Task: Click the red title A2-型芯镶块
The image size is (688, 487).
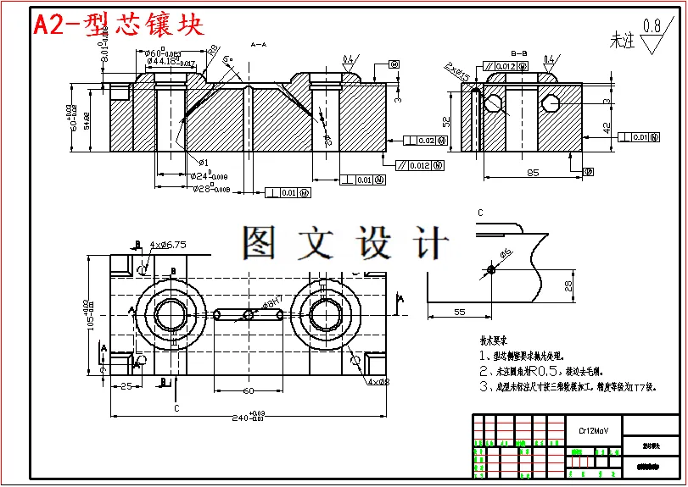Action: tap(119, 25)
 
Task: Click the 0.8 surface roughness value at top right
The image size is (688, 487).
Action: tap(652, 26)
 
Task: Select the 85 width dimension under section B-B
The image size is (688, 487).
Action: tap(533, 174)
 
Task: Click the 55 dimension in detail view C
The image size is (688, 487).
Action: tap(459, 313)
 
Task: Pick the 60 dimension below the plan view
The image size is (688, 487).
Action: tap(248, 390)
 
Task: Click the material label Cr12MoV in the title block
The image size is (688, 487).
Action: tap(593, 431)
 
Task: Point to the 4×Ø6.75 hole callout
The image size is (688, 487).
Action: tap(168, 245)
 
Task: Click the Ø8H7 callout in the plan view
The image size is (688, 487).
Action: tap(273, 303)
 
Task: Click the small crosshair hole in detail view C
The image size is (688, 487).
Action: tap(491, 270)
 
